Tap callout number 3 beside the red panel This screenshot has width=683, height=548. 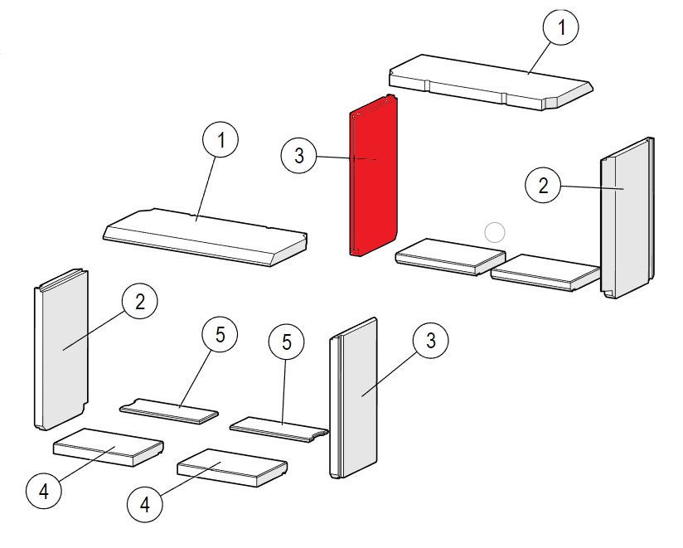[298, 155]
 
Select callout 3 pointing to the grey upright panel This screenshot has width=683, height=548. [430, 341]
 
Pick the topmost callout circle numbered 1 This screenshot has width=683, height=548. [561, 28]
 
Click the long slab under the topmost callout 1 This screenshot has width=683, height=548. [489, 83]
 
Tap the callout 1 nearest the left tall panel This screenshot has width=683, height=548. [220, 141]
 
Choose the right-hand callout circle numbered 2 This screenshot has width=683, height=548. [544, 186]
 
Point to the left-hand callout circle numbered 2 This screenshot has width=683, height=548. [139, 302]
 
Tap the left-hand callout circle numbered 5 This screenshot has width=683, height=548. [220, 336]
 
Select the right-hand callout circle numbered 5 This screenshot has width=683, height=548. [287, 342]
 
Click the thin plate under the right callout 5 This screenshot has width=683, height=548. [278, 428]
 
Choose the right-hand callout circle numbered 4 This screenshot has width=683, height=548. [144, 503]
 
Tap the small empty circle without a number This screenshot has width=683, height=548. [494, 232]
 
